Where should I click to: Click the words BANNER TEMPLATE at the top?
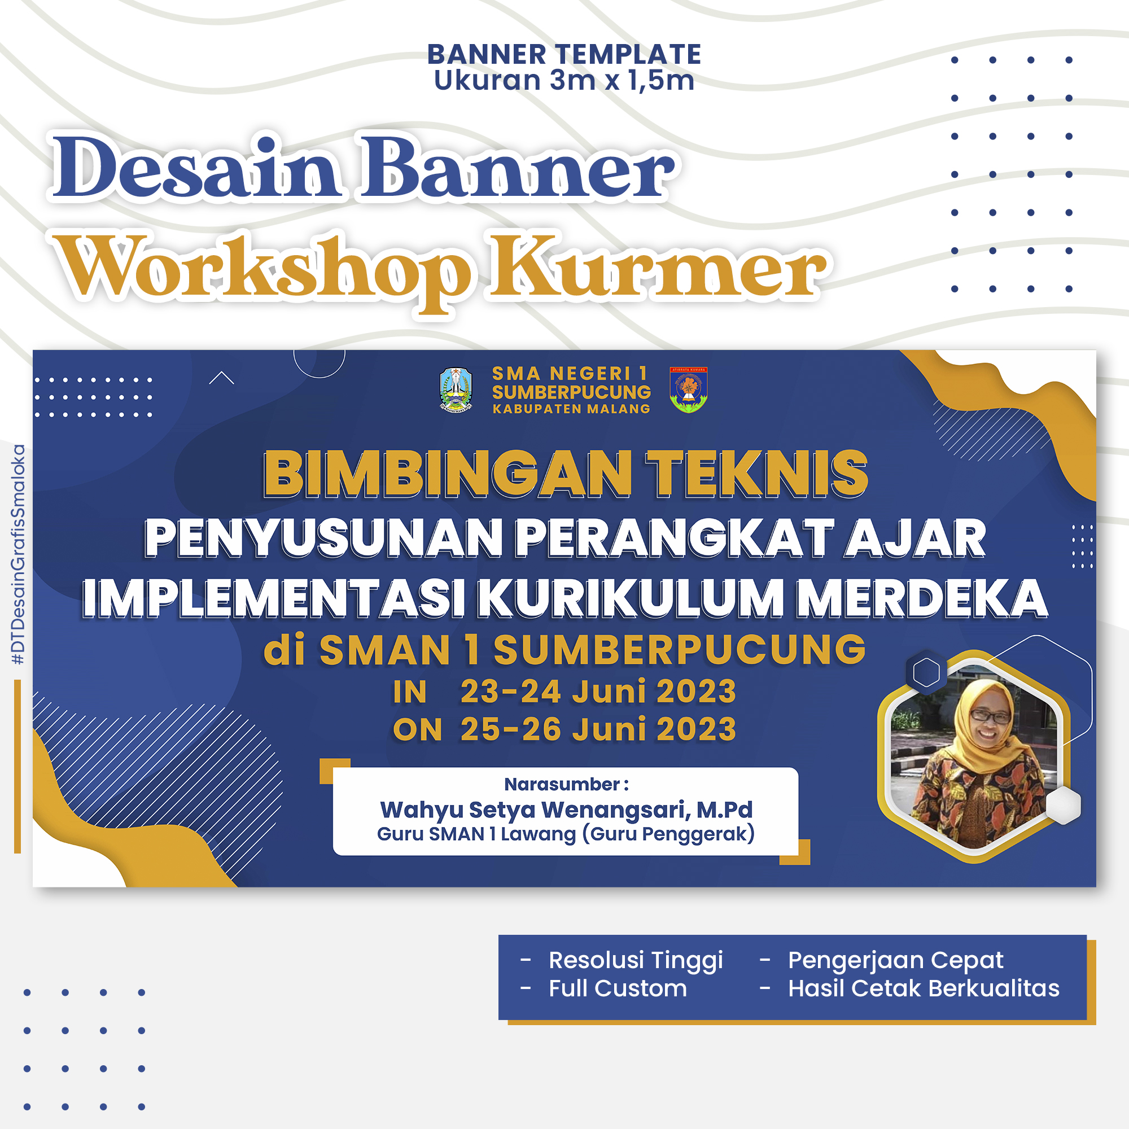pyautogui.click(x=564, y=54)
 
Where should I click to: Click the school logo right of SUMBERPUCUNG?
pyautogui.click(x=688, y=390)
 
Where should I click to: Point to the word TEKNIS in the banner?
pyautogui.click(x=757, y=474)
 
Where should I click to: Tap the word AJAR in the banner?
pyautogui.click(x=915, y=538)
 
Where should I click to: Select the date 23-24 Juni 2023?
pyautogui.click(x=598, y=692)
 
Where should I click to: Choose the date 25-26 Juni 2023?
pyautogui.click(x=598, y=729)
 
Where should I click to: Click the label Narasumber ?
pyautogui.click(x=566, y=784)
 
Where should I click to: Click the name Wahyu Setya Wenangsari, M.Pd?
pyautogui.click(x=566, y=810)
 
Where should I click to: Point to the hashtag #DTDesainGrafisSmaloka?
pyautogui.click(x=19, y=554)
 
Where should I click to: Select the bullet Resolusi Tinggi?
pyautogui.click(x=636, y=960)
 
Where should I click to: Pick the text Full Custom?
pyautogui.click(x=618, y=989)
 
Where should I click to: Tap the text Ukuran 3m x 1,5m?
pyautogui.click(x=564, y=80)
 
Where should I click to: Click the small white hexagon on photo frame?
pyautogui.click(x=1063, y=806)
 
